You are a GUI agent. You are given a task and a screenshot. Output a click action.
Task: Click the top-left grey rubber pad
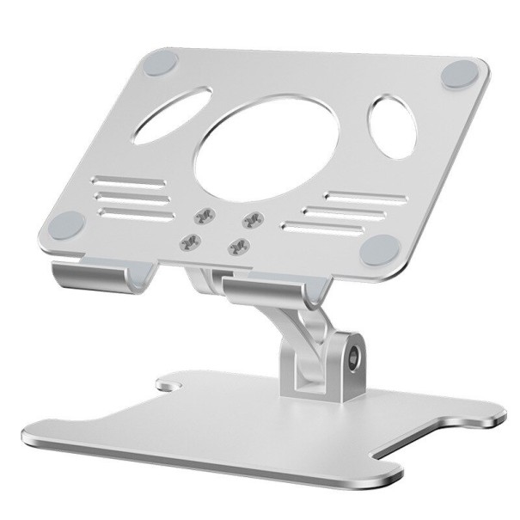pyautogui.click(x=161, y=63)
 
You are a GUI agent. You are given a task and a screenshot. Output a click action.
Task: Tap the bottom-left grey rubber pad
pyautogui.click(x=68, y=227)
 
